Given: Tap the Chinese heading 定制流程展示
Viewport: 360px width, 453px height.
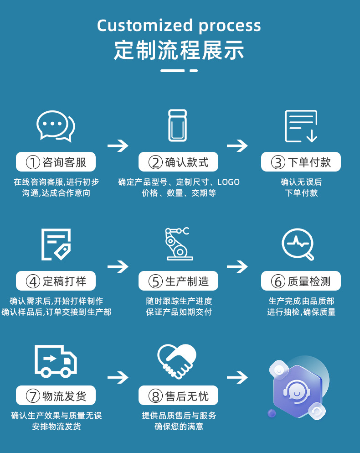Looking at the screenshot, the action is pos(179,50).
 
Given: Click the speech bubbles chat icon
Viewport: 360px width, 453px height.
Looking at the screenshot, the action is pos(56,126).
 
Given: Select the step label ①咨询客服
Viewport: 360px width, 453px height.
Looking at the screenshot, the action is pos(56,162).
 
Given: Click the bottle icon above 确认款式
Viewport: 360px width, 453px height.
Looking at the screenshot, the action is pos(178,125).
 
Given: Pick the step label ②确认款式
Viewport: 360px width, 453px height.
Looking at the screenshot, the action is pos(178,162).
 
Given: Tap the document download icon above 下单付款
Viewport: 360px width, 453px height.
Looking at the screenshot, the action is pos(301,126).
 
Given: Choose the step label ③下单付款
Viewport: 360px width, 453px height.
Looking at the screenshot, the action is pos(301,162).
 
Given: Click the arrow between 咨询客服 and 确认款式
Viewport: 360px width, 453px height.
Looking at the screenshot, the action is pos(118,146).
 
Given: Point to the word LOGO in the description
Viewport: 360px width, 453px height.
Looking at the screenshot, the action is pos(228,182).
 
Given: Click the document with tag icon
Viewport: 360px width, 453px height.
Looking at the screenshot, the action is pos(56,245).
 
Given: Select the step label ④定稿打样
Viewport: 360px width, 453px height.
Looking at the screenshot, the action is pos(56,281).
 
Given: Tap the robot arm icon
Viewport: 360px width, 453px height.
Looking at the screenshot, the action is pos(177,244).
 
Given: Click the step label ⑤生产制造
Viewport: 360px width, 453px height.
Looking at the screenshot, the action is pos(178,281).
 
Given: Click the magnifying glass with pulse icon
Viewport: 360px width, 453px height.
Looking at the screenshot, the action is pos(298,244).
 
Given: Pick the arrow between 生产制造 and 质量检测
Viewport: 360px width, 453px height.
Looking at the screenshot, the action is pos(237,266).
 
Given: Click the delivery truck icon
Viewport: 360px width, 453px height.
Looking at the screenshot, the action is pos(56,360).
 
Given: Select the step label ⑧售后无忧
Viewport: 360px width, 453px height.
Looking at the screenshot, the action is pos(178,396).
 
